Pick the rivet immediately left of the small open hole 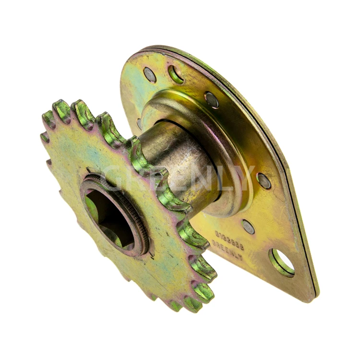pos(150,74)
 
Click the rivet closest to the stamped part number pos(248,226)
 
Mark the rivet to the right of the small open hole pos(211,100)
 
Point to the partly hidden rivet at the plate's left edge pos(139,123)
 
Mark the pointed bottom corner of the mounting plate pos(314,294)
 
